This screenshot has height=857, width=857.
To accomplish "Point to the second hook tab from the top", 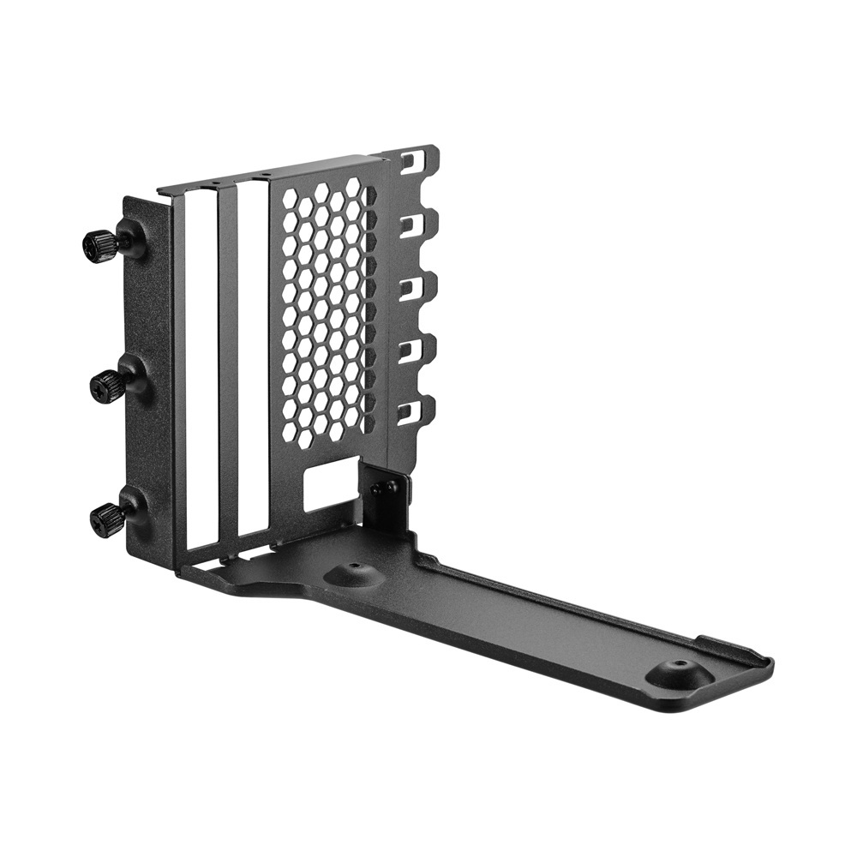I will pos(418,225).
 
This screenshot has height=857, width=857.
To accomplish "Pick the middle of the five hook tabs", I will pos(418,287).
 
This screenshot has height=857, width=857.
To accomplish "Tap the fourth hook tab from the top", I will pos(418,350).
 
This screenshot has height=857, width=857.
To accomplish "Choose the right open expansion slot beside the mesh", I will pos(253,360).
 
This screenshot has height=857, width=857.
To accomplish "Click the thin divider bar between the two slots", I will pos(227,364).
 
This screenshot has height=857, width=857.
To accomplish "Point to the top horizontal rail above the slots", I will pos(266,174).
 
